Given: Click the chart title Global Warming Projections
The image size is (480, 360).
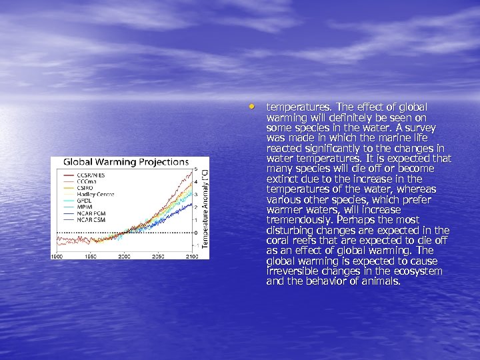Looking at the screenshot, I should (126, 162).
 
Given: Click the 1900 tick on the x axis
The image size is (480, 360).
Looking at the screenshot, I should (57, 256).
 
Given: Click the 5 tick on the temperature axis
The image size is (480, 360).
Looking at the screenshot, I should (196, 168).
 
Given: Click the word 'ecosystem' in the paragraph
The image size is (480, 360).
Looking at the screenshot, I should (415, 271).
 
